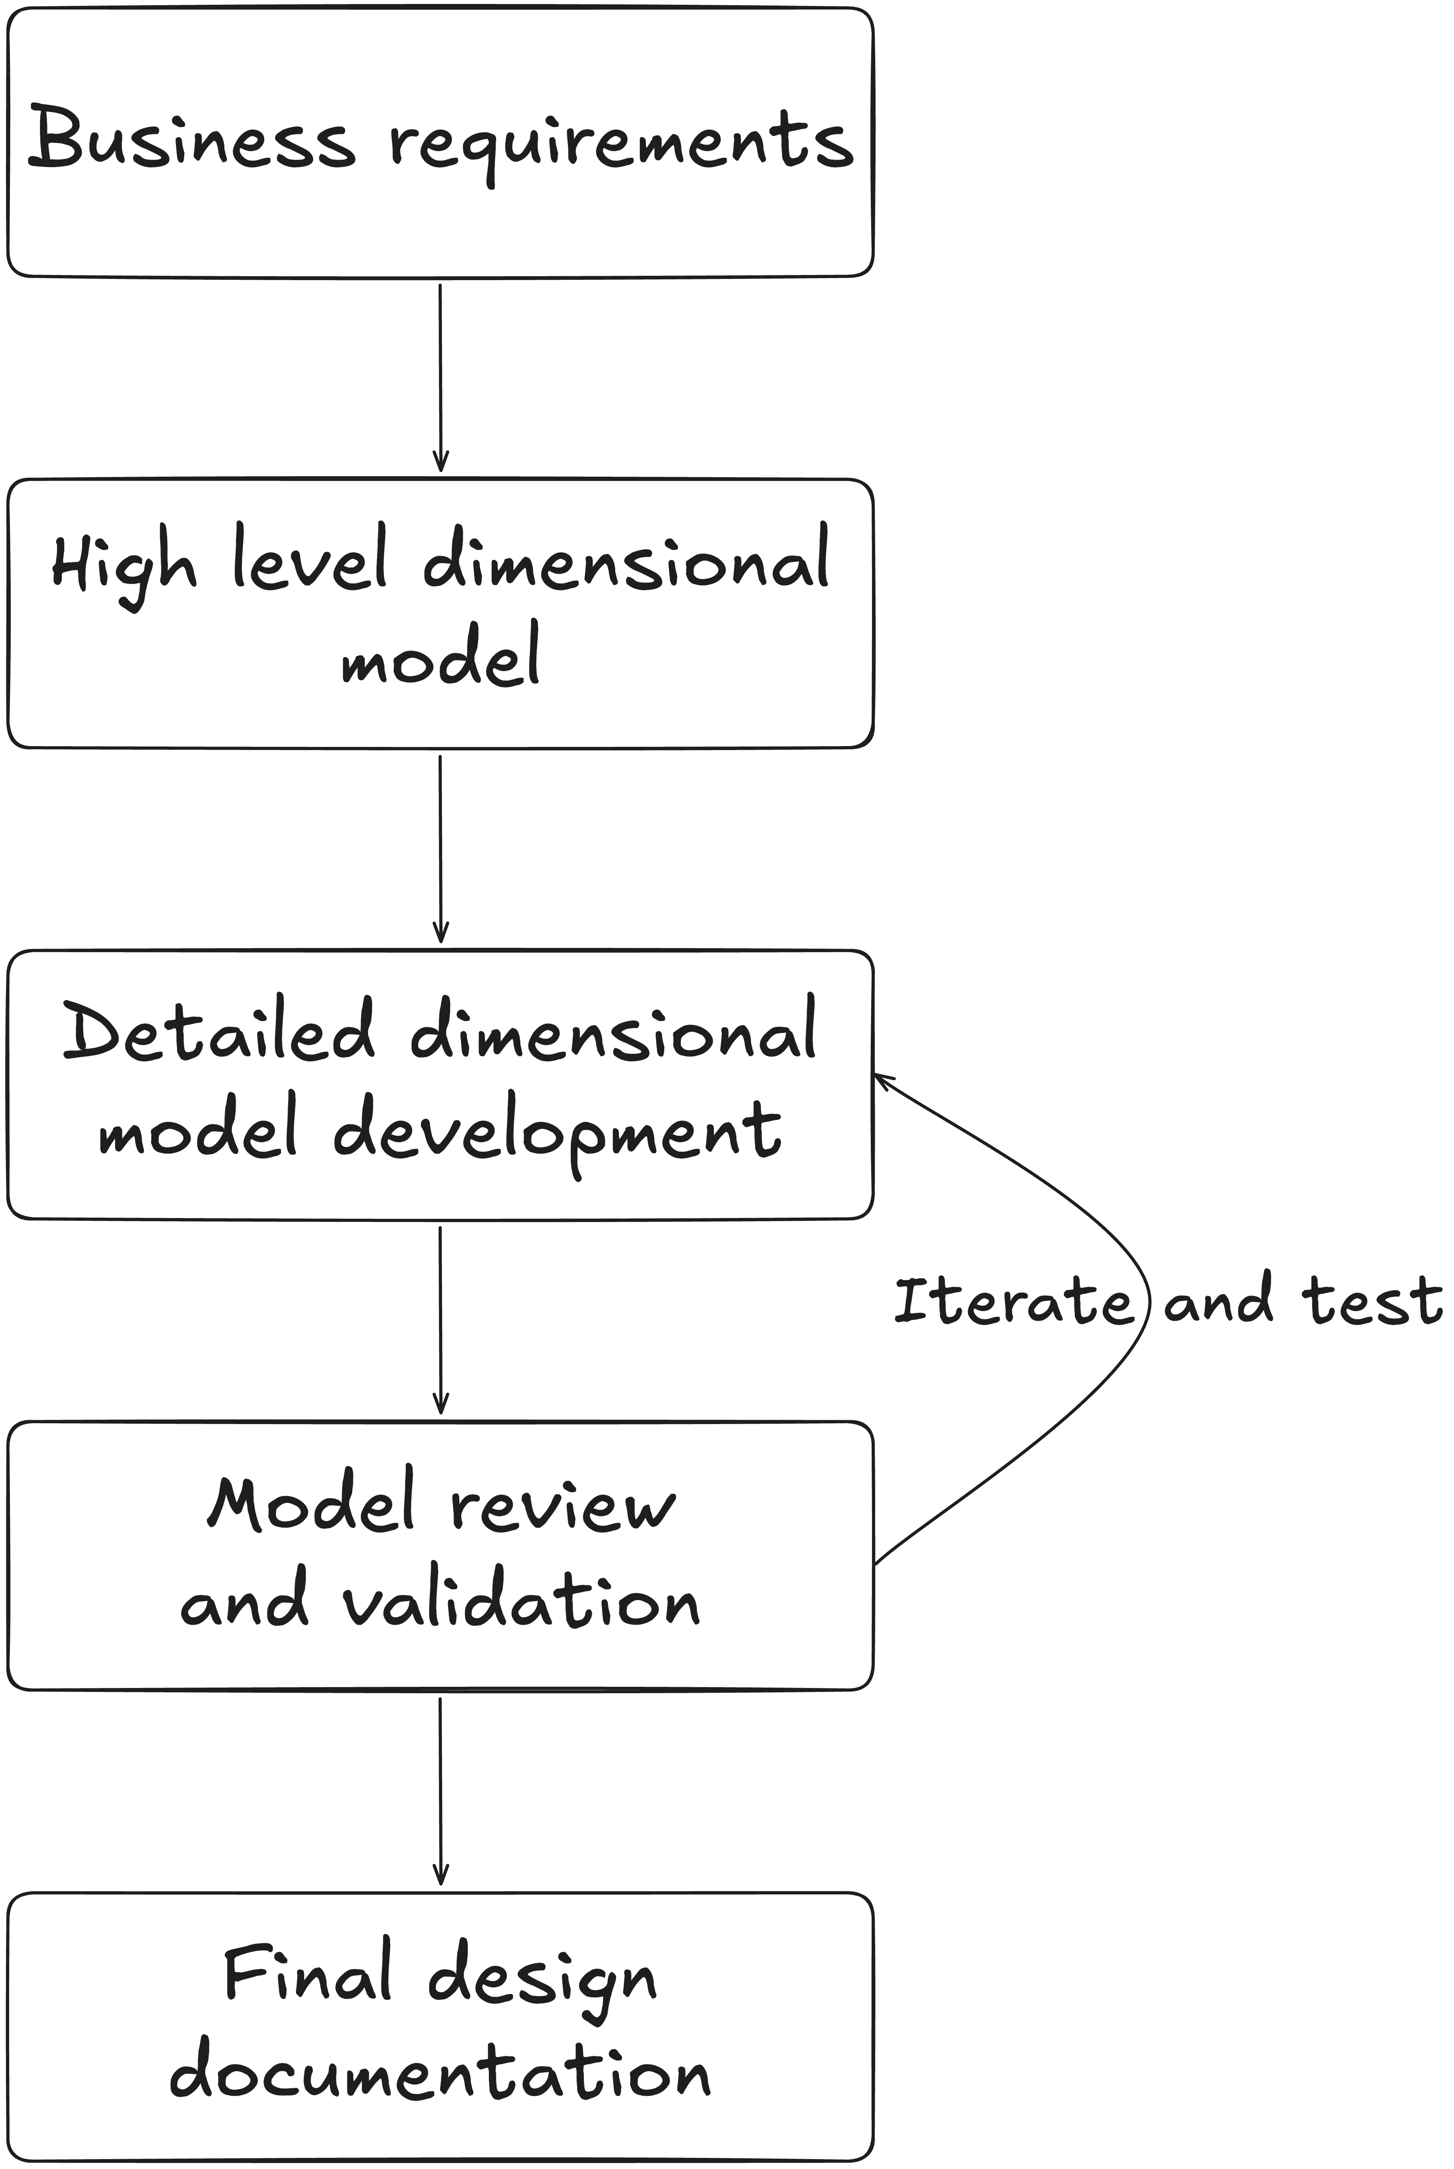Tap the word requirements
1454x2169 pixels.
point(619,144)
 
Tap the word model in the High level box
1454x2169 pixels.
point(441,659)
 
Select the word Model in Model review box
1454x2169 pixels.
point(311,1502)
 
